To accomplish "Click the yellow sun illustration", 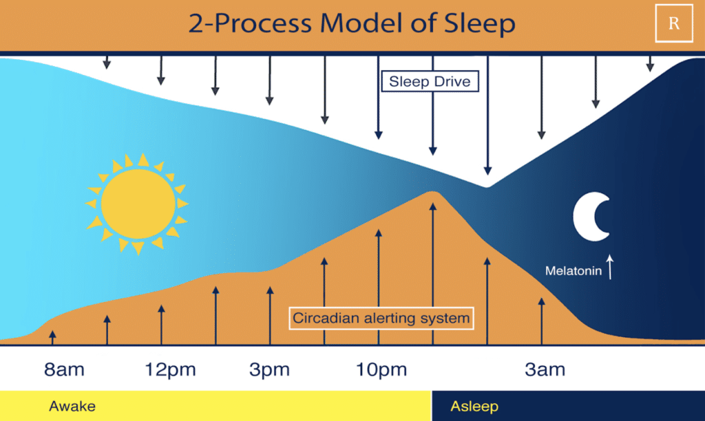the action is [138, 204].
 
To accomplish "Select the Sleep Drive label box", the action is [430, 81].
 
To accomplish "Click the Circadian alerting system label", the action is [381, 318].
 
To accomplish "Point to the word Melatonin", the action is [574, 270].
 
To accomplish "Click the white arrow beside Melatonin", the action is [610, 267].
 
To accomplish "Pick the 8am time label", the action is [64, 369].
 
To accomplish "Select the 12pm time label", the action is [170, 370].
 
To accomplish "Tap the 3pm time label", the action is [269, 370].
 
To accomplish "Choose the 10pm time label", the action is [381, 370].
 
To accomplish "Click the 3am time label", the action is [545, 369].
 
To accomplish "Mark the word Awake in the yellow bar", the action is [72, 406].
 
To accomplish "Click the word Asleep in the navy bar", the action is [474, 406].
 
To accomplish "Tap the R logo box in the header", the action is [674, 23].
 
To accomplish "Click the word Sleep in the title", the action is [480, 23].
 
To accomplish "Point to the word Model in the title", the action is [361, 23].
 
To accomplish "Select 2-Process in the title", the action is [249, 23].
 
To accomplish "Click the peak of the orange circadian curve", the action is [432, 192].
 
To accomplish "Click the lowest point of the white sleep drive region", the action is [487, 186].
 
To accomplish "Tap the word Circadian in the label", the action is [326, 318].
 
